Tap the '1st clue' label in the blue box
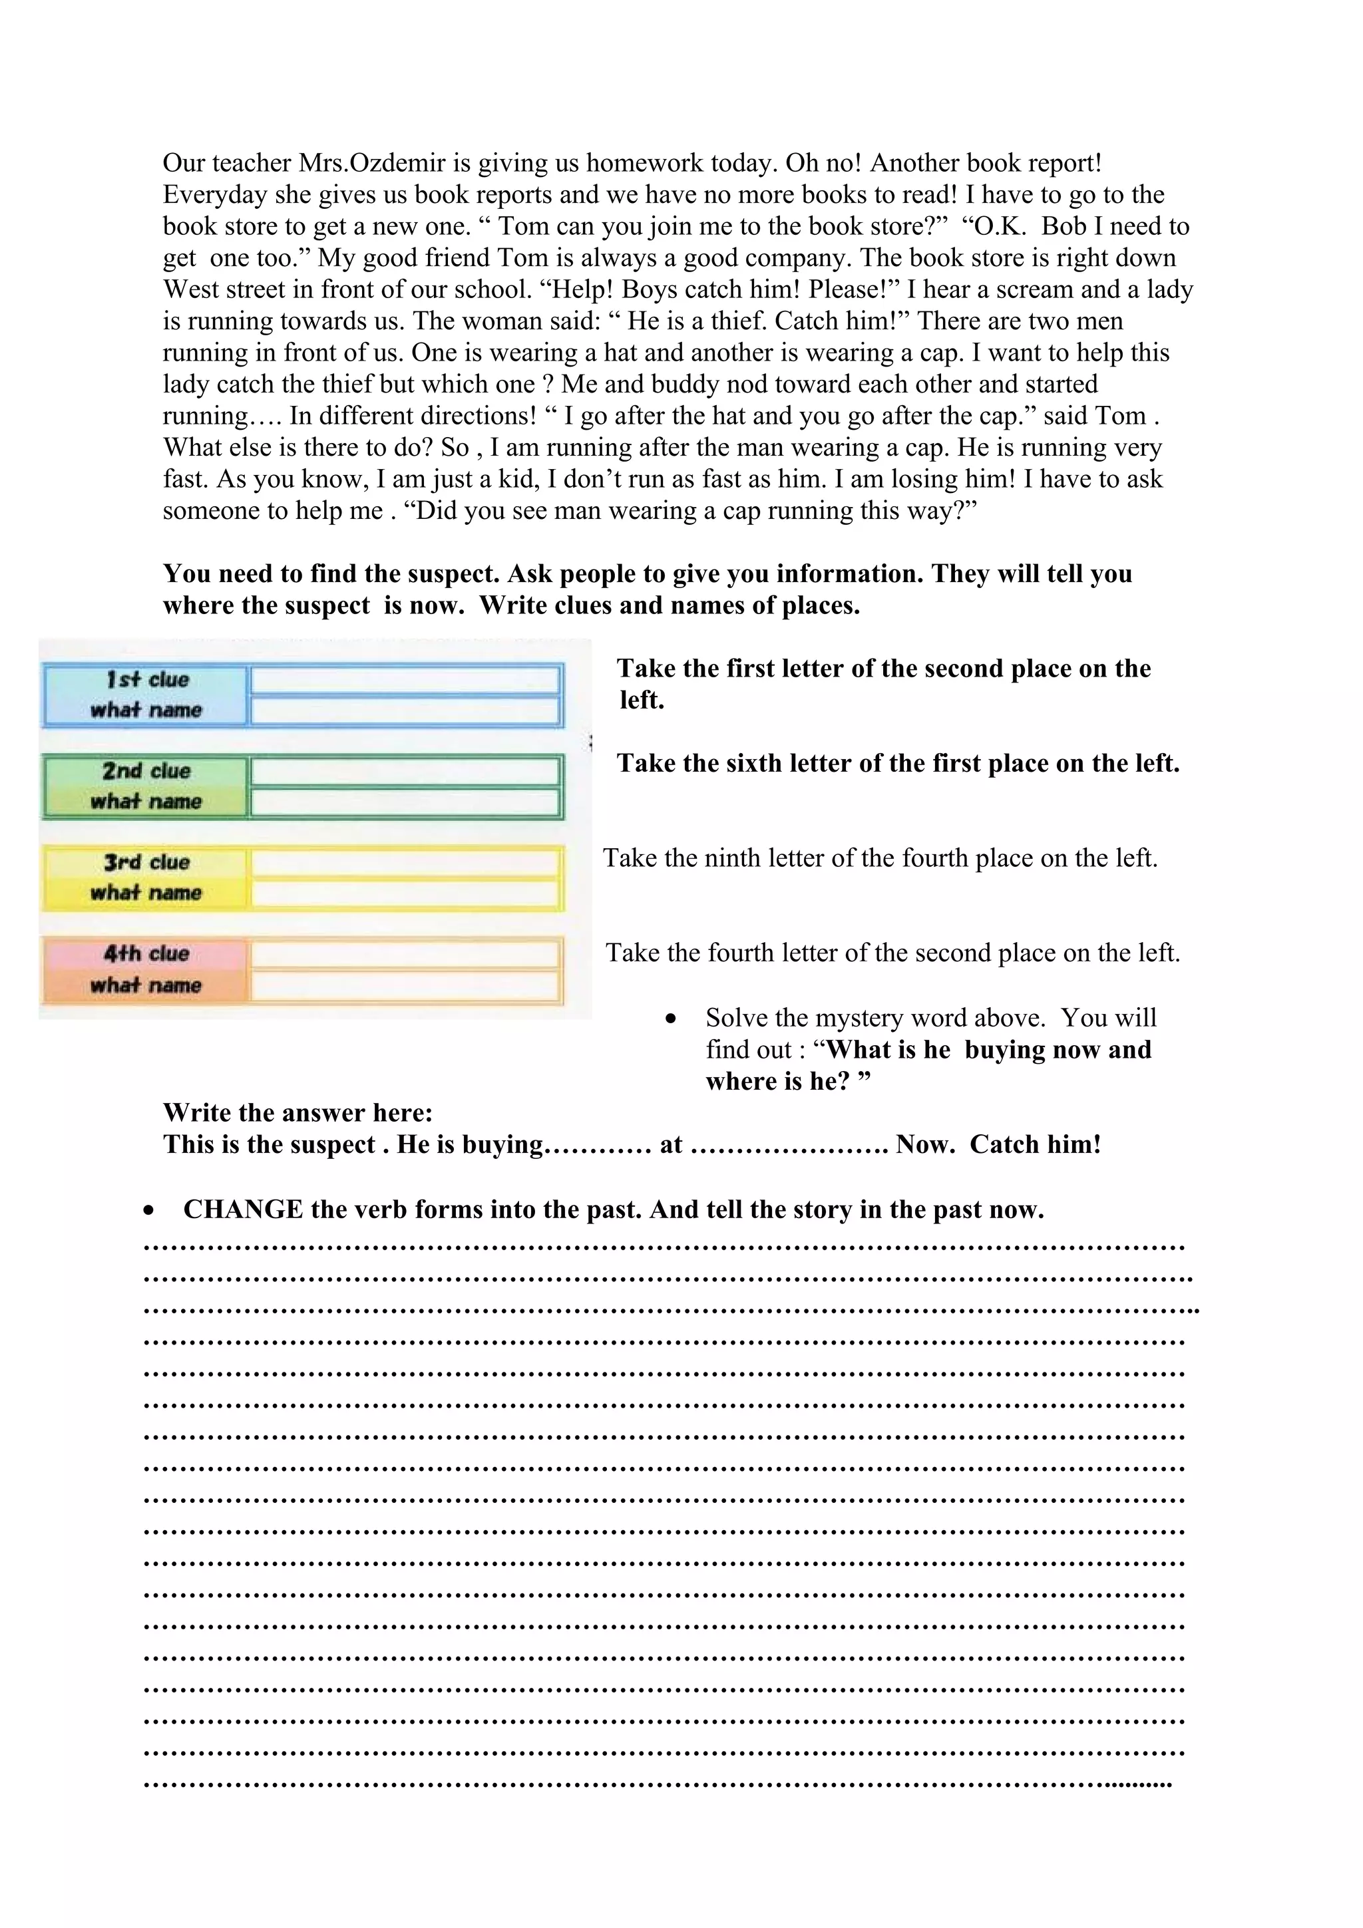pos(147,679)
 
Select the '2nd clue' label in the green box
pos(147,771)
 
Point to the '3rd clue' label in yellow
pos(147,862)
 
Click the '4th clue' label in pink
pos(147,954)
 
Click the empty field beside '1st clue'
pos(405,680)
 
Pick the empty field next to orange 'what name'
pos(405,986)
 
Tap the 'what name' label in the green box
pos(146,802)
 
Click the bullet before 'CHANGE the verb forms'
pos(148,1211)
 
